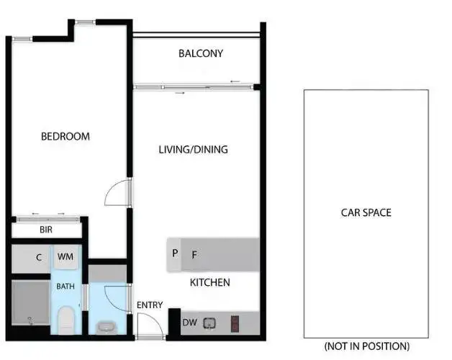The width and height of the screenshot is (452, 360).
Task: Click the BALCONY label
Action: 201,53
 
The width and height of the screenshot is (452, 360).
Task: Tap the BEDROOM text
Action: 65,136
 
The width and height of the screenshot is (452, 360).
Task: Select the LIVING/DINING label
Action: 193,150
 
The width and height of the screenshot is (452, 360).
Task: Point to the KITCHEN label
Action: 209,282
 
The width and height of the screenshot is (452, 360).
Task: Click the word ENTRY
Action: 150,305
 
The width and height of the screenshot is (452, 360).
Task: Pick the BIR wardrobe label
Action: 46,230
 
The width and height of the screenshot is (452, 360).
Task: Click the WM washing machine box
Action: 65,257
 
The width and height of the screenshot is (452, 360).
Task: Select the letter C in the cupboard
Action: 39,257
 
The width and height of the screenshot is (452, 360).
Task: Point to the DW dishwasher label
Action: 189,323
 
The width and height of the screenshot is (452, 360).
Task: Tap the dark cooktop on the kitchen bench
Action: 235,323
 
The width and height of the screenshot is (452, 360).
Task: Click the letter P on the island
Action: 175,253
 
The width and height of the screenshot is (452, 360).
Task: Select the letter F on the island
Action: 194,254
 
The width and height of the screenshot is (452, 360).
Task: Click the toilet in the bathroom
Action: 66,318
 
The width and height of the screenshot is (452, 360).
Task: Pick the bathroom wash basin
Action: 106,327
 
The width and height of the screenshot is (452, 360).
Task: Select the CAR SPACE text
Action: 366,212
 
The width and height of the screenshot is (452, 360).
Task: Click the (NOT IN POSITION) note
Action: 366,346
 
